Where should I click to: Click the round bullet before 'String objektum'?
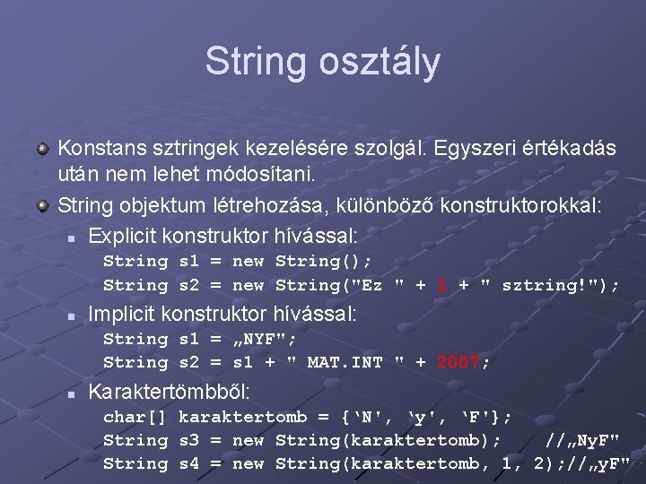42,206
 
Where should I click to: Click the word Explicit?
123,237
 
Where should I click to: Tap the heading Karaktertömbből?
170,393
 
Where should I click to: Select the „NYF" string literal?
265,339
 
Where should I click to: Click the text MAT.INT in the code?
345,362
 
